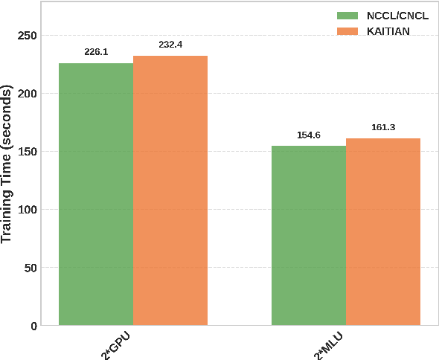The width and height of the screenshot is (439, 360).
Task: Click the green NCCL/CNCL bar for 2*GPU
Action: pyautogui.click(x=96, y=194)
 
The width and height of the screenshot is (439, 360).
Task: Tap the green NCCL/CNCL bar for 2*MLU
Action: pyautogui.click(x=309, y=235)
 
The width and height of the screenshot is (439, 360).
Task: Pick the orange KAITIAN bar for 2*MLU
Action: pyautogui.click(x=383, y=231)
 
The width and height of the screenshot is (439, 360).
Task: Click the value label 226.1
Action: pyautogui.click(x=96, y=52)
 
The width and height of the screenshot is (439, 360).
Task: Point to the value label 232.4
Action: pyautogui.click(x=170, y=45)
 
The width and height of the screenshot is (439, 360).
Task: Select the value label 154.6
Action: pyautogui.click(x=309, y=135)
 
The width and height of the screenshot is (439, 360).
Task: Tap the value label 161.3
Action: pyautogui.click(x=383, y=127)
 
